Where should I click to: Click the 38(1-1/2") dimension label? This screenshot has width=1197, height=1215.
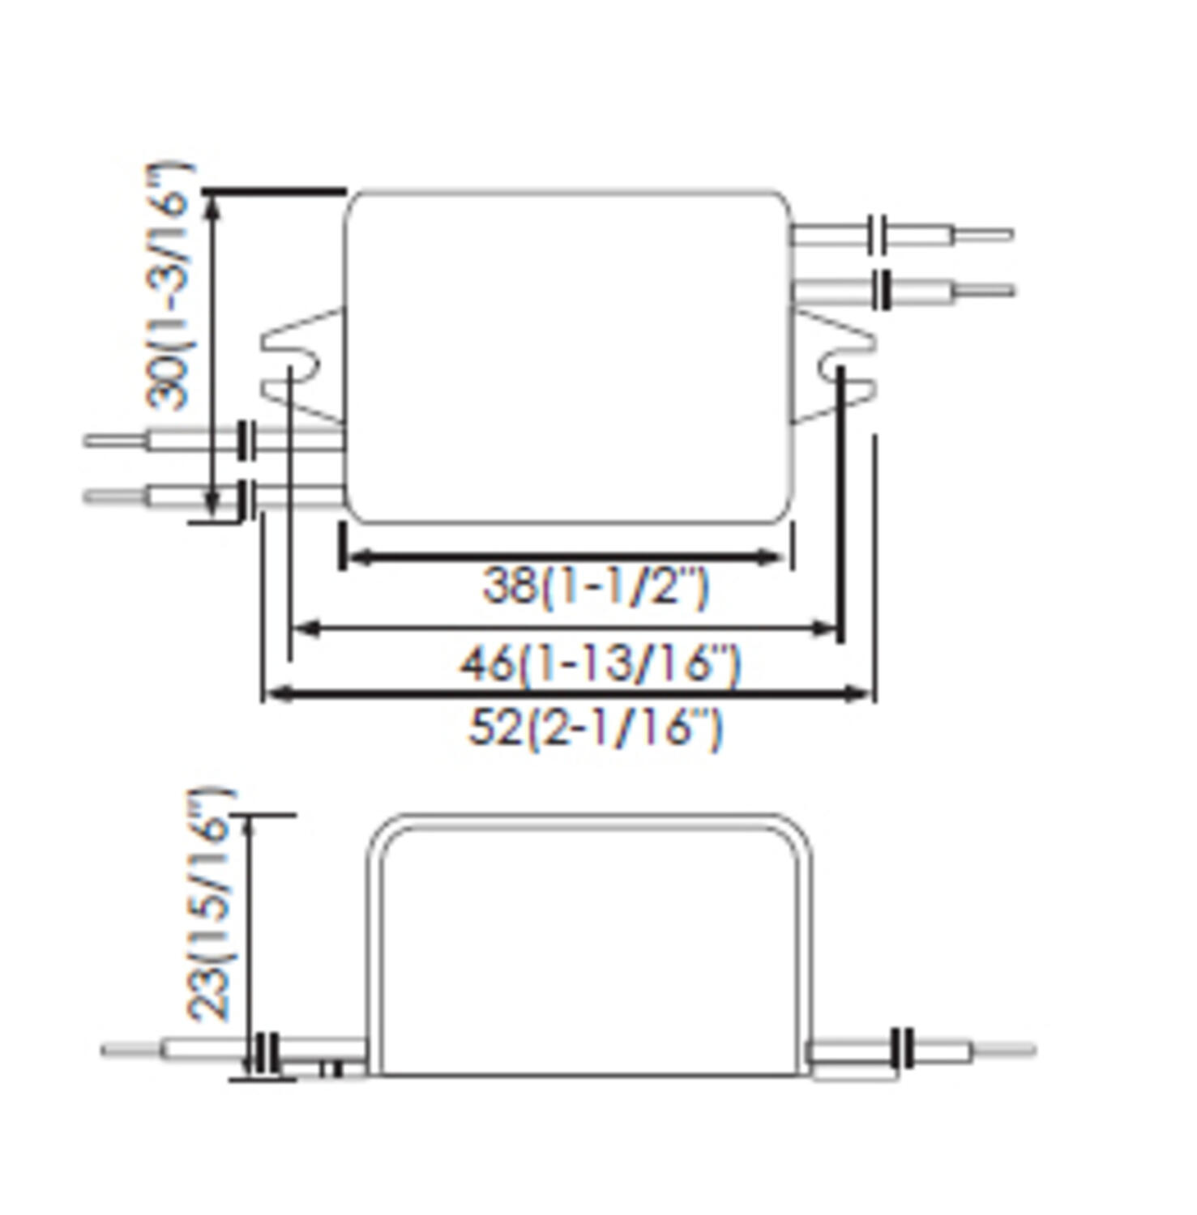596,586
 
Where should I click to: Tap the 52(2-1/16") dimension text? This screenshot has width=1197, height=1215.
595,727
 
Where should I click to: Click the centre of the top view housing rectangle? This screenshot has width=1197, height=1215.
567,357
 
